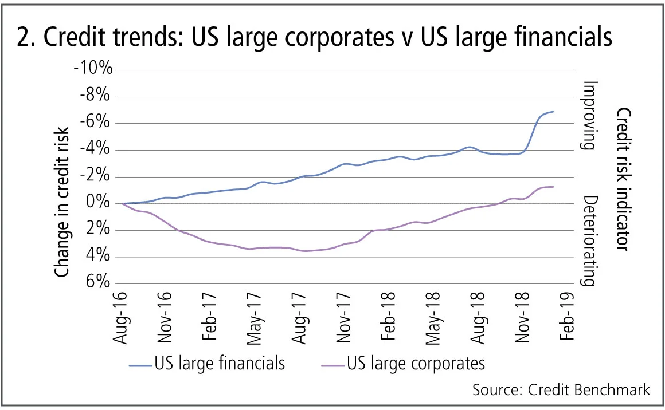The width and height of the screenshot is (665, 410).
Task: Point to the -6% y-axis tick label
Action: pos(95,123)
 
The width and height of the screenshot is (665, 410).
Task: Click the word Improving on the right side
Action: pos(589,115)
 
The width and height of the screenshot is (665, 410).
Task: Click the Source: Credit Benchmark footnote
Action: pos(561,390)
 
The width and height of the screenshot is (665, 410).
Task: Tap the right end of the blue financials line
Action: pos(553,111)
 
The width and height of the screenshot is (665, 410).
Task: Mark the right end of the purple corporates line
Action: pos(553,187)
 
